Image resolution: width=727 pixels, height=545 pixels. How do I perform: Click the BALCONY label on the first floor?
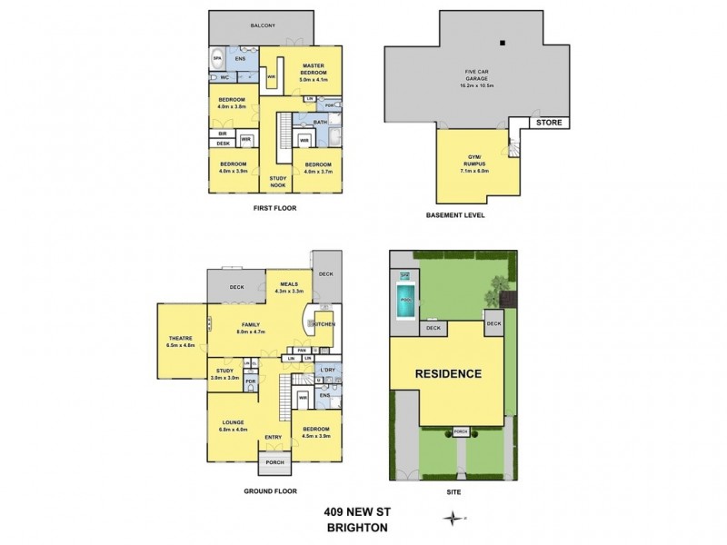click(x=263, y=25)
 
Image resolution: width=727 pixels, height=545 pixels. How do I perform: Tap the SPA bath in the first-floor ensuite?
click(x=217, y=58)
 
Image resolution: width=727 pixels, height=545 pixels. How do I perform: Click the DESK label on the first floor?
click(x=223, y=143)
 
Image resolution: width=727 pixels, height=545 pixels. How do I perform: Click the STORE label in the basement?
click(x=549, y=122)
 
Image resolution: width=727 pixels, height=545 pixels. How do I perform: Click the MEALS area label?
click(x=289, y=286)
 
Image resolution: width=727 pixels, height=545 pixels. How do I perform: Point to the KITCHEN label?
click(x=324, y=324)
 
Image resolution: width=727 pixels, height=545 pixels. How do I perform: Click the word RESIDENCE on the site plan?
click(x=448, y=374)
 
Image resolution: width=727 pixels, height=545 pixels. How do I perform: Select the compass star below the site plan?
click(x=452, y=520)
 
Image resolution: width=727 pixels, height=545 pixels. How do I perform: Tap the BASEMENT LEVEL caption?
click(x=455, y=216)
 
